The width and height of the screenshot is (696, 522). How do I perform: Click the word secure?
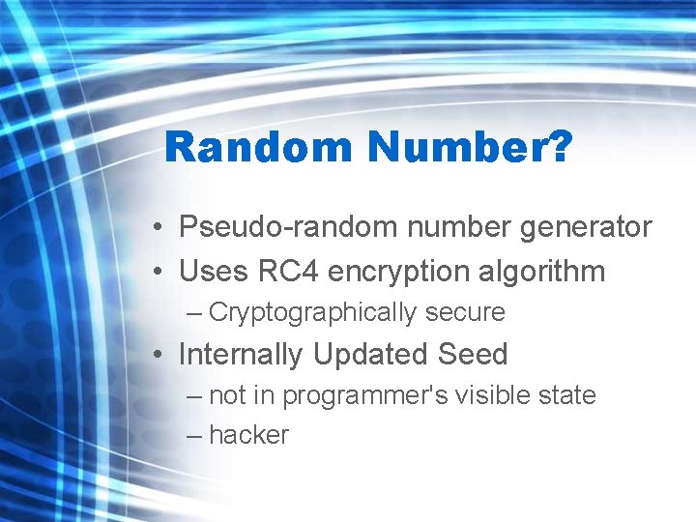(466, 313)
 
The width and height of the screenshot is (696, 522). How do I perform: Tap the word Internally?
(241, 355)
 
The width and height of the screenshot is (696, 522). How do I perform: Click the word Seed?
(473, 355)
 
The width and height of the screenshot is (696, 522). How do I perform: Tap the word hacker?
(248, 436)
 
